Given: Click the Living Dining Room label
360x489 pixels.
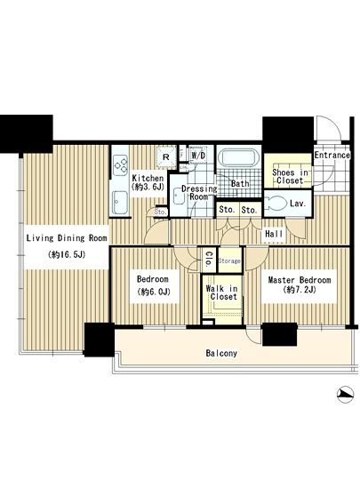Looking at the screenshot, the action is point(67,238).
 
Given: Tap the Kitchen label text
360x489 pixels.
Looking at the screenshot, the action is point(148,178).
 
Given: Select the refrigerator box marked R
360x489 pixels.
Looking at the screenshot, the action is point(166,156).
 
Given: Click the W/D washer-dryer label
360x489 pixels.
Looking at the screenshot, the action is point(198,155).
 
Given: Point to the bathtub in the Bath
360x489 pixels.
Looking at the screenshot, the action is point(239,157).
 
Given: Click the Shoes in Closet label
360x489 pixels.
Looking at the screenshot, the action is point(290,176).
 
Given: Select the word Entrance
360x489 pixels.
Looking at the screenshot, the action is point(332,155).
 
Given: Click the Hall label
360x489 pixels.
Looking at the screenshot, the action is point(274,234).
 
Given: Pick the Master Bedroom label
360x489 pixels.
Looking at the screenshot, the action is point(300,280).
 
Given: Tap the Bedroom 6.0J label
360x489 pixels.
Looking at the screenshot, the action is point(153,285).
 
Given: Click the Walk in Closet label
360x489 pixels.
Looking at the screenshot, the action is point(221,293).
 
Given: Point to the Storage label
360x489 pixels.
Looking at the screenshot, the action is point(229,261).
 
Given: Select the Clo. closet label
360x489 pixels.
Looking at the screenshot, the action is point(208,259).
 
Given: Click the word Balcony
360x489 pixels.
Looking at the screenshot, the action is point(221,353).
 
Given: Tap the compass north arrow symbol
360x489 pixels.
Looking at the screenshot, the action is point(346,395).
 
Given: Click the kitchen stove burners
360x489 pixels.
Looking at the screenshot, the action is point(121,165).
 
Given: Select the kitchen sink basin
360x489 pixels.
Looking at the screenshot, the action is point(120,203).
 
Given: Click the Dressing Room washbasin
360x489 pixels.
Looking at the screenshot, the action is point(179,196).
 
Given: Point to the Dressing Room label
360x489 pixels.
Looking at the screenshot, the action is point(199,192).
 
